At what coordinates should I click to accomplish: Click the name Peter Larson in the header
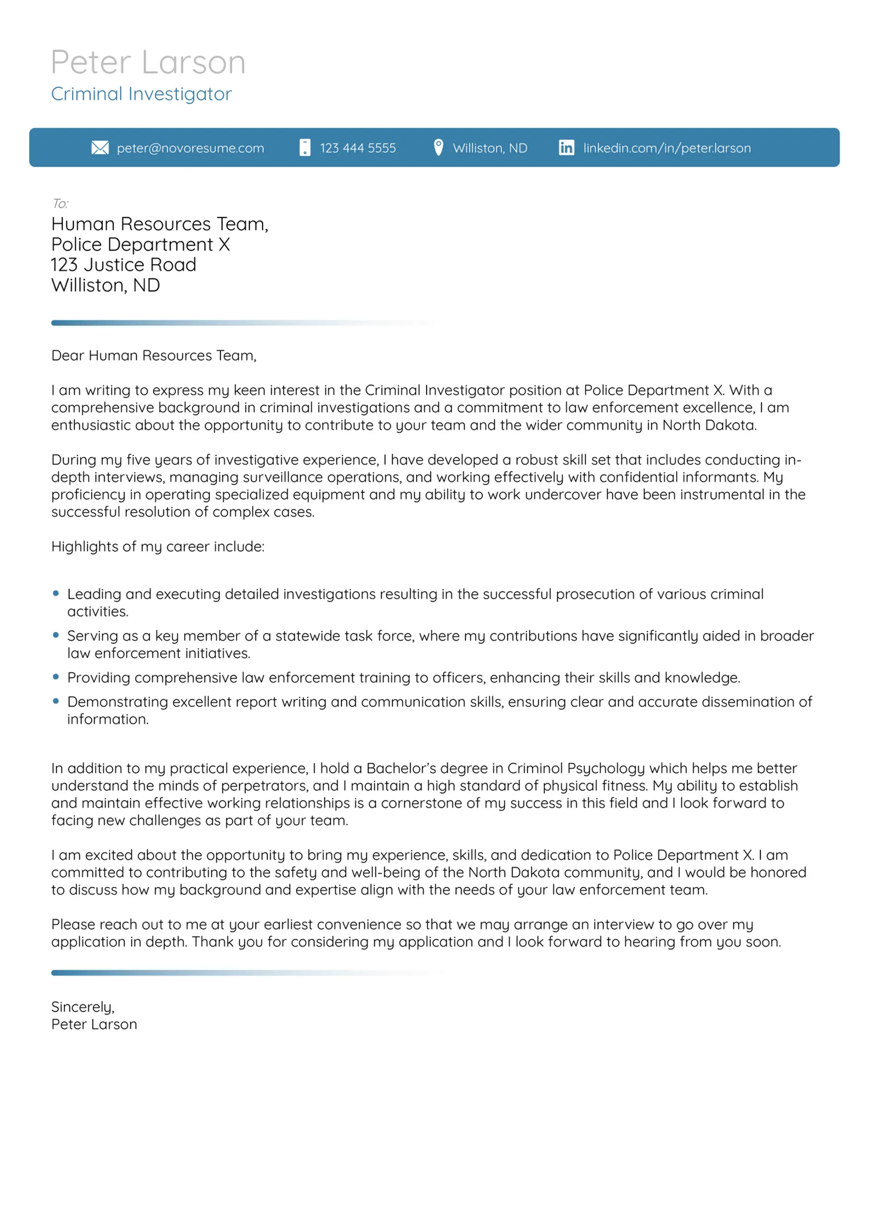pyautogui.click(x=148, y=62)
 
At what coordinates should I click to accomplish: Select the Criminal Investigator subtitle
pyautogui.click(x=141, y=94)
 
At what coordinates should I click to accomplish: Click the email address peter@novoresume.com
pyautogui.click(x=190, y=148)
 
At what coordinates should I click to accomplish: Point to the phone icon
pyautogui.click(x=305, y=148)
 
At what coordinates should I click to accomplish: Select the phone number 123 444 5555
pyautogui.click(x=358, y=148)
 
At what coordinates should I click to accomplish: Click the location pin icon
pyautogui.click(x=438, y=147)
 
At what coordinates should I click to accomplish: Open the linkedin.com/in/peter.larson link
pyautogui.click(x=667, y=148)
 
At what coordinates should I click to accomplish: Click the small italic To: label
pyautogui.click(x=60, y=204)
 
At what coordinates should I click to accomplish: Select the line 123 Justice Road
pyautogui.click(x=124, y=265)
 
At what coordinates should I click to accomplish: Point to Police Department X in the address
pyautogui.click(x=140, y=245)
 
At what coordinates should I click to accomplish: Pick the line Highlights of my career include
pyautogui.click(x=158, y=547)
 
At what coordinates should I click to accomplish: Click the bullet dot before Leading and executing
pyautogui.click(x=56, y=593)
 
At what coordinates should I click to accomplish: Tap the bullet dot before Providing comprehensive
pyautogui.click(x=56, y=676)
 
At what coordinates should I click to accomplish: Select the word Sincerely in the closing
pyautogui.click(x=82, y=1007)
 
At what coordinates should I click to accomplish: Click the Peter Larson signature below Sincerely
pyautogui.click(x=94, y=1024)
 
